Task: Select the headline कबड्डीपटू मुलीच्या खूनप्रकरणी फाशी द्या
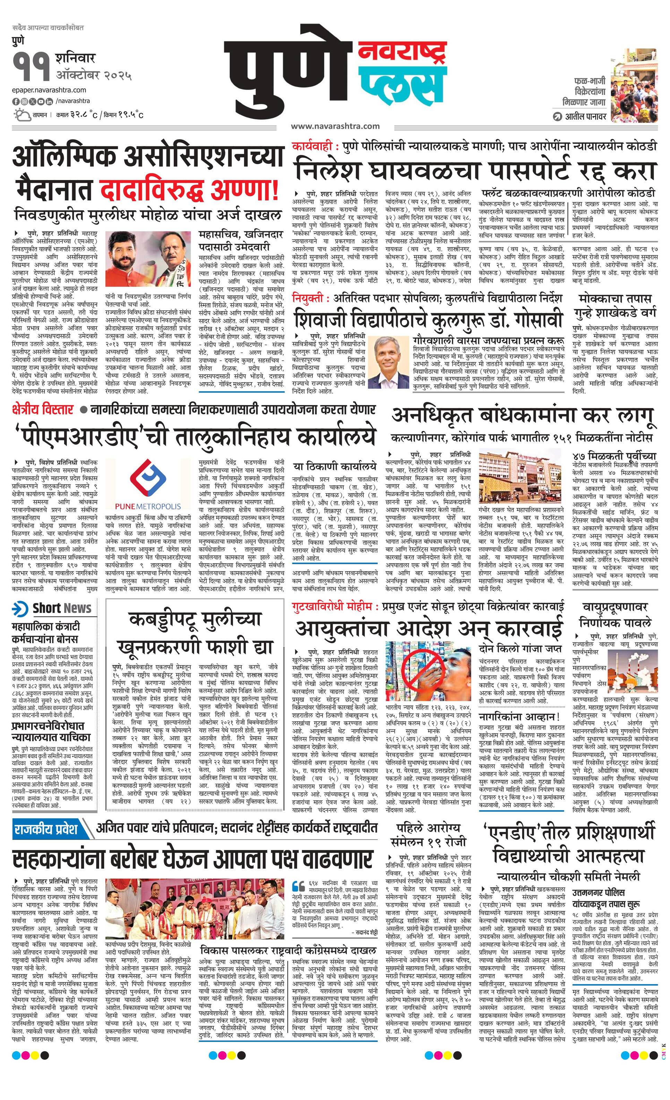coord(195,633)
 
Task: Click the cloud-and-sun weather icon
coord(22,115)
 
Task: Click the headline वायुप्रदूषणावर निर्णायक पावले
coord(615,614)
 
